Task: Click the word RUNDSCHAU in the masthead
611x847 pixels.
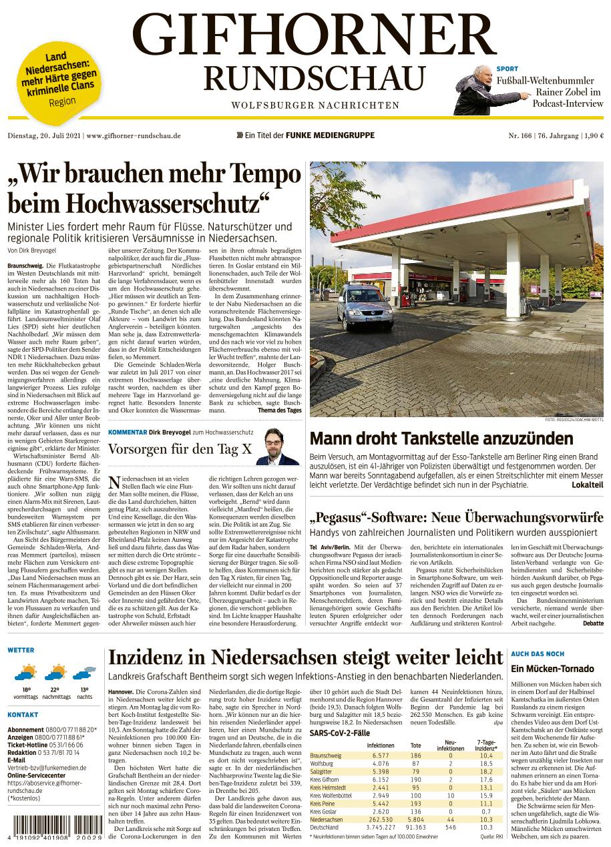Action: click(315, 78)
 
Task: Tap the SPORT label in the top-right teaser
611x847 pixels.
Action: click(507, 69)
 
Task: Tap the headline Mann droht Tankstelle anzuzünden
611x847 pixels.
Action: click(441, 439)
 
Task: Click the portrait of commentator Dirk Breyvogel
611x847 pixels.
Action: click(277, 447)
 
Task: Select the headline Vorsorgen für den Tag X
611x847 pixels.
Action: click(180, 449)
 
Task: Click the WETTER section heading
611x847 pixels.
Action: click(21, 649)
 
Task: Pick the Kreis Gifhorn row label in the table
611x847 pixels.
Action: click(325, 780)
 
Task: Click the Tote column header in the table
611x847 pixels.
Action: click(415, 745)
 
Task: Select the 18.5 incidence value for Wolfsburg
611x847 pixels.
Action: click(485, 763)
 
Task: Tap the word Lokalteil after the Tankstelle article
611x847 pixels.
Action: click(588, 485)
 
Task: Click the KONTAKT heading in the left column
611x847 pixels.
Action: click(23, 715)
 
